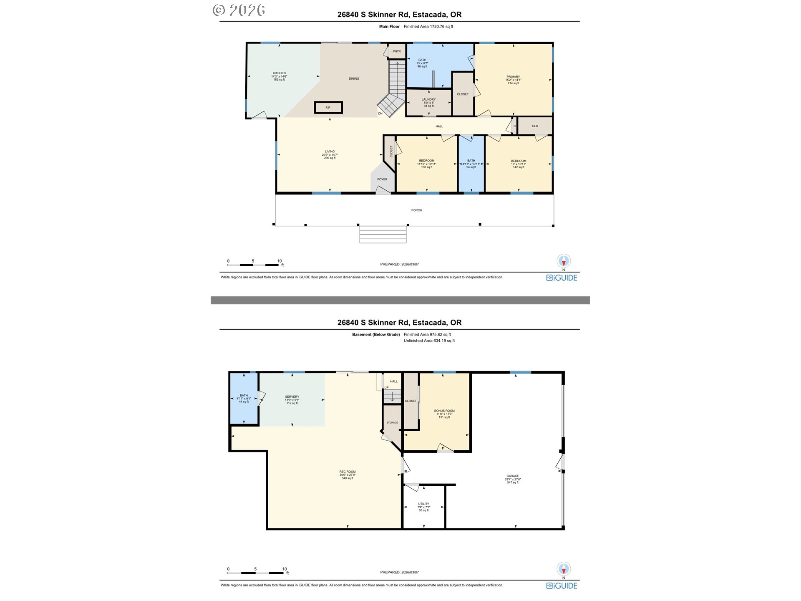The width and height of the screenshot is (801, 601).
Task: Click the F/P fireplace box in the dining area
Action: click(328, 108)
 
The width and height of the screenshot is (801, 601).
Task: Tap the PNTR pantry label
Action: click(396, 51)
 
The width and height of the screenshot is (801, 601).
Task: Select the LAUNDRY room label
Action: click(428, 100)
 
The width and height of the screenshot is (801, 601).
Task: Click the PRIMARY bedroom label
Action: click(513, 77)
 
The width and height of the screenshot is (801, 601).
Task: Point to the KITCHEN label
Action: click(279, 73)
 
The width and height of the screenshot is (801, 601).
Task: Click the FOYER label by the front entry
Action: click(382, 179)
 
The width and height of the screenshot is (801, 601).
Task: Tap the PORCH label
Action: click(416, 210)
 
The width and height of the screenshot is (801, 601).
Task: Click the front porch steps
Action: click(383, 235)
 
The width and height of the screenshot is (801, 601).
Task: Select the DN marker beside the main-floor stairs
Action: click(380, 114)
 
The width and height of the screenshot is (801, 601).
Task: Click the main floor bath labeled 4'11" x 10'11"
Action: click(471, 164)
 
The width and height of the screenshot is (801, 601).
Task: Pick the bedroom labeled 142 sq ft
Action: click(519, 164)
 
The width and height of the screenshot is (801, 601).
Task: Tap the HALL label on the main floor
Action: click(439, 126)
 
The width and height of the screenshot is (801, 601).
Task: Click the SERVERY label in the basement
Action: click(292, 397)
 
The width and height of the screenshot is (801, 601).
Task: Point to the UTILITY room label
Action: click(423, 504)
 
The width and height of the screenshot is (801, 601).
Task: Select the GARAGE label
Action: click(513, 476)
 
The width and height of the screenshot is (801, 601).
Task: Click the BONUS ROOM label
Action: click(444, 411)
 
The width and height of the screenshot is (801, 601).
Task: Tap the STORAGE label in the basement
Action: click(392, 423)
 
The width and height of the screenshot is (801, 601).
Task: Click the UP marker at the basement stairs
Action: click(386, 388)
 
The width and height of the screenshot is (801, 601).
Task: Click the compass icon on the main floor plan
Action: click(564, 261)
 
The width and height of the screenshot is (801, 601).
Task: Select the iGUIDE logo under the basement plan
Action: click(562, 586)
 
